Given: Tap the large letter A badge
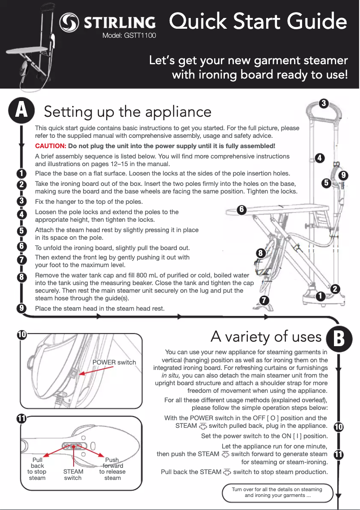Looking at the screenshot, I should tap(21, 110).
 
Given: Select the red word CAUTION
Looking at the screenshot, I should tap(51, 146).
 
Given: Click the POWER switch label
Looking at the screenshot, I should tap(114, 362).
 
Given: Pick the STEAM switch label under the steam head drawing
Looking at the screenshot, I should tap(73, 475).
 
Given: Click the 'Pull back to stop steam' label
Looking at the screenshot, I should tap(37, 469).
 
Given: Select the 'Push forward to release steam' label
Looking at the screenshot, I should tap(112, 469).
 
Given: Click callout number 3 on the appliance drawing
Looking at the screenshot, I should tap(322, 104).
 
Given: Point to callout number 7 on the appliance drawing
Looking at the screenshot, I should tap(265, 299).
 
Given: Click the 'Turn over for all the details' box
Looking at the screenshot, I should tap(277, 492).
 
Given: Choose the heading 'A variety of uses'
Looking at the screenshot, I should tap(266, 336).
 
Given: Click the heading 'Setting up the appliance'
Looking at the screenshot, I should tap(127, 111).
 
